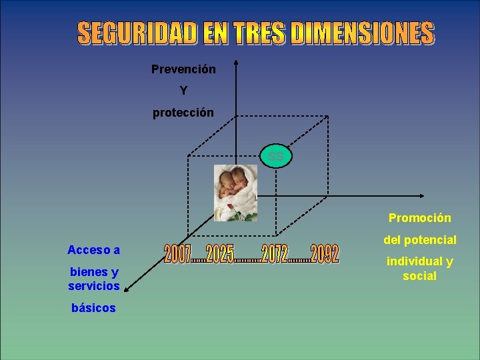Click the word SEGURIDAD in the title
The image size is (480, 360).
pos(137,33)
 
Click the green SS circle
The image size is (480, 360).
pos(276,157)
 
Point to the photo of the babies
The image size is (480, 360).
pos(235,193)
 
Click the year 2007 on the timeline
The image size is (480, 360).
pos(177,253)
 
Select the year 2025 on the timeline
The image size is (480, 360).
pos(220,253)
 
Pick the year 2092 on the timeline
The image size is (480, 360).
pos(324,253)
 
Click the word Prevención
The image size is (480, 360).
pos(183,69)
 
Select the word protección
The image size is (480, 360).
pos(183,113)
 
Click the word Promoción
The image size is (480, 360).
pos(419,218)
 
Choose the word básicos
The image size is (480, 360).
pos(93,308)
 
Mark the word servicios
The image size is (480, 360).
pos(93,286)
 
